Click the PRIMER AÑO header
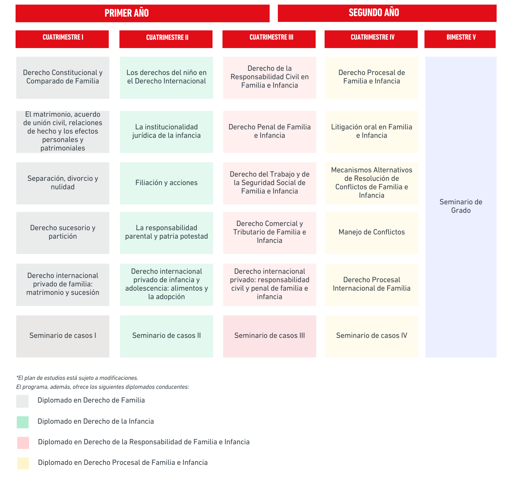click(x=143, y=13)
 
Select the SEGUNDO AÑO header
click(x=387, y=13)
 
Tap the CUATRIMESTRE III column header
click(x=269, y=39)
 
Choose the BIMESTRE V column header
click(x=460, y=39)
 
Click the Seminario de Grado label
click(x=461, y=206)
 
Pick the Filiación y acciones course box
click(x=167, y=183)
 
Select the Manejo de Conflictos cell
click(x=372, y=233)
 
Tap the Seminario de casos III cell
click(x=269, y=336)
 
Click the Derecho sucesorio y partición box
click(x=63, y=233)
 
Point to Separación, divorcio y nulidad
click(x=63, y=183)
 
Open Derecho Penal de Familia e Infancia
click(x=269, y=132)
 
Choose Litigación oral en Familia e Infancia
click(x=372, y=132)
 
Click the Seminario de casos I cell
click(x=63, y=336)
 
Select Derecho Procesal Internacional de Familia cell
click(x=372, y=285)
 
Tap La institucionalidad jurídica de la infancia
click(x=167, y=132)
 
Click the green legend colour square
click(x=23, y=422)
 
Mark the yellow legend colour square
click(x=23, y=463)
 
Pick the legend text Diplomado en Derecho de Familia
click(x=91, y=400)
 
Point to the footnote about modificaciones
click(x=77, y=378)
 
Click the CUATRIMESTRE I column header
click(x=62, y=39)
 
